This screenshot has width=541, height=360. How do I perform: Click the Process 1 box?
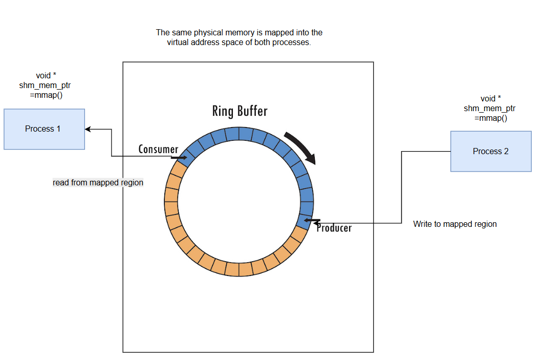[x=44, y=129]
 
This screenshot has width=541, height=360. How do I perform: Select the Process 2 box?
[x=491, y=151]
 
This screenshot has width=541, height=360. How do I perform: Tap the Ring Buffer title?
[x=240, y=111]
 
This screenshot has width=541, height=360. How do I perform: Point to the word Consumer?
[x=158, y=150]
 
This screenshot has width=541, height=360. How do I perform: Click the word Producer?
[x=334, y=228]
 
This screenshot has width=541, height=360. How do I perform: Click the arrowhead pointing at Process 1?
[x=88, y=129]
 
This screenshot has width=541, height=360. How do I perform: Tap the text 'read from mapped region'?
[x=98, y=182]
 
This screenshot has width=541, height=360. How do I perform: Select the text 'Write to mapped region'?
[x=455, y=224]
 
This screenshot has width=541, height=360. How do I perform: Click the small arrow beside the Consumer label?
[x=179, y=158]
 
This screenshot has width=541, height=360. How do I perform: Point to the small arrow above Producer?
[x=312, y=221]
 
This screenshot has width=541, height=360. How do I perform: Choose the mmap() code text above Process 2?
[x=490, y=118]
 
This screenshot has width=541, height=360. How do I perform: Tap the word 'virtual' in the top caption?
[x=178, y=43]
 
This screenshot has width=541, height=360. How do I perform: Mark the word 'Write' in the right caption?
[x=423, y=224]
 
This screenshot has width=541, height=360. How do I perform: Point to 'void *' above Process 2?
[x=490, y=98]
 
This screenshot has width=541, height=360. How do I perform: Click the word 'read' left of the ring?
[x=61, y=182]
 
